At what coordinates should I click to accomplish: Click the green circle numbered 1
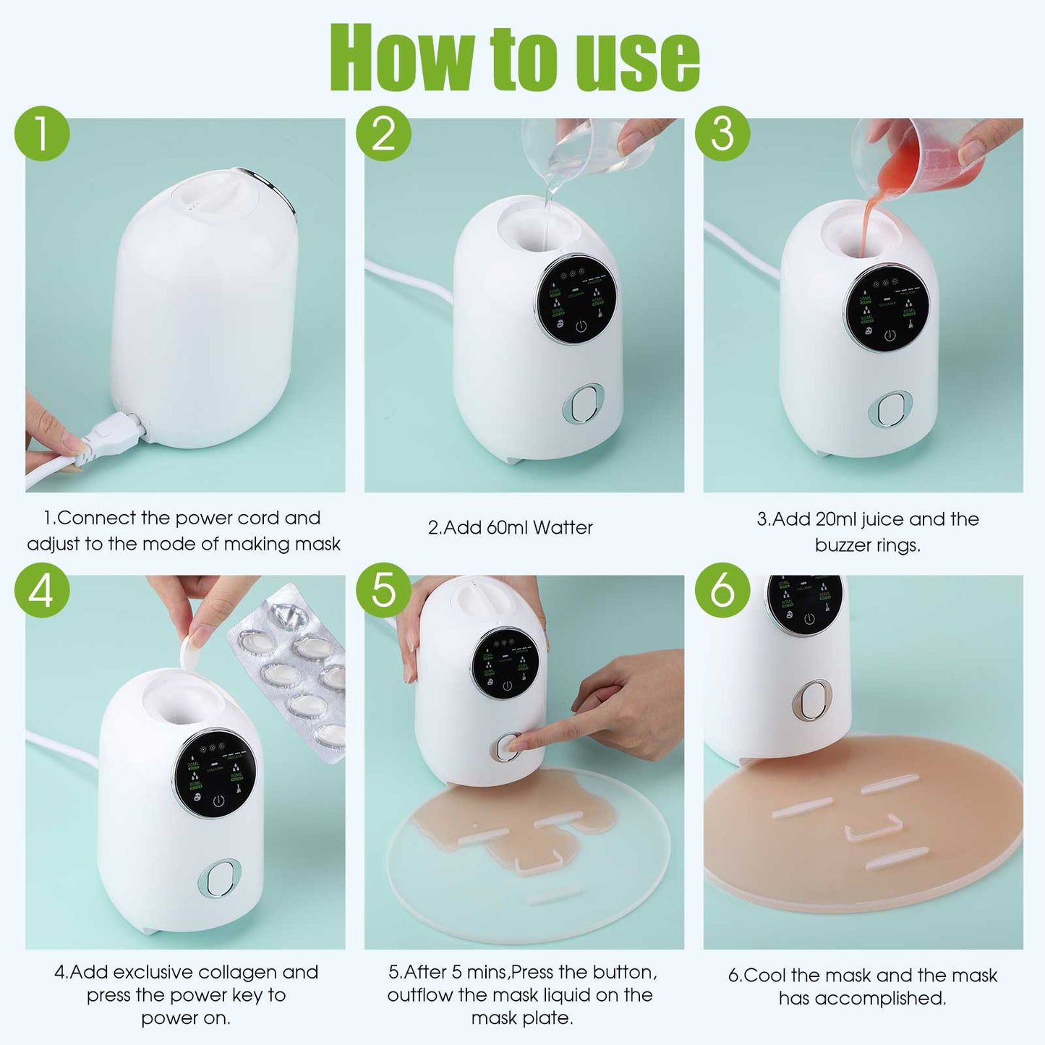tap(42, 134)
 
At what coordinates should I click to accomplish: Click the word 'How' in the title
tap(402, 58)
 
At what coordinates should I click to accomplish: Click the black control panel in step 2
tap(576, 299)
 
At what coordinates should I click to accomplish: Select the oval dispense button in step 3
tap(890, 411)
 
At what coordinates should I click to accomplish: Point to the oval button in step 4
tap(219, 879)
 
